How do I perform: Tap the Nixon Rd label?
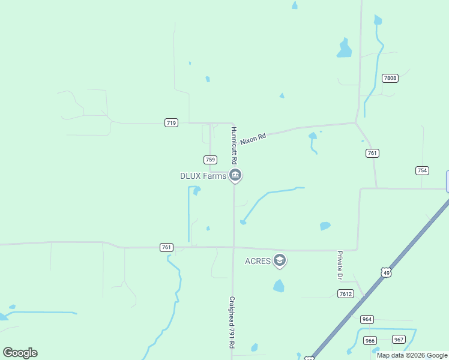253,139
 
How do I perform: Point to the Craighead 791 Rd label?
231,322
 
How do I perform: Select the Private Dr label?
339,265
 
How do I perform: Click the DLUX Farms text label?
203,176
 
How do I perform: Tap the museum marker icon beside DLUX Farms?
235,176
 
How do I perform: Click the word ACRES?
258,261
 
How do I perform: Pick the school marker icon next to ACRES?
279,260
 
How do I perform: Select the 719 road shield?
171,122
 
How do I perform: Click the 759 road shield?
210,159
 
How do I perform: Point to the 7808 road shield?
390,78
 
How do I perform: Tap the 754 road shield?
422,170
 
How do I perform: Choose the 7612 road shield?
345,293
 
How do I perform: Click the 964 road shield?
367,319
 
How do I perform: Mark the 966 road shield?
370,341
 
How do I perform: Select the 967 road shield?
399,339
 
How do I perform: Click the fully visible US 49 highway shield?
386,272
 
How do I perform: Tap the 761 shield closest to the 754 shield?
372,153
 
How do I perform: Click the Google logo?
20,353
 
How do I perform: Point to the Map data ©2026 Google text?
412,355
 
